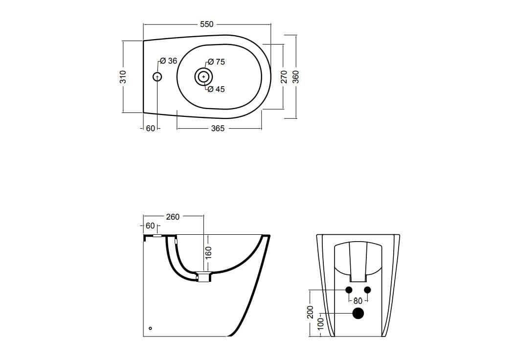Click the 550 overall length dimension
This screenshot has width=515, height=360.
click(207, 24)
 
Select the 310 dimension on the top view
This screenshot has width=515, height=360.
click(123, 76)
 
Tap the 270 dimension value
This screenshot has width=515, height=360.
click(284, 76)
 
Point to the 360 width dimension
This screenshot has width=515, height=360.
click(296, 76)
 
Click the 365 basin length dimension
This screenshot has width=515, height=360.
click(218, 129)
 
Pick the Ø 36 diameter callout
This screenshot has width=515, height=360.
click(169, 61)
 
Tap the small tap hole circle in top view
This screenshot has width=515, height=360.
click(157, 77)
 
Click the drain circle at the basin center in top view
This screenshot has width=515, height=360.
click(203, 77)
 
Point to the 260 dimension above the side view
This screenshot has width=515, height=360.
click(173, 217)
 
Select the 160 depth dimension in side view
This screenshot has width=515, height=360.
click(208, 252)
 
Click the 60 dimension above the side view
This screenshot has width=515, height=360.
click(150, 226)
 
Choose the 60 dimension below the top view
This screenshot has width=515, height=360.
click(150, 129)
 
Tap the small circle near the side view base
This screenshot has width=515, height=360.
click(150, 328)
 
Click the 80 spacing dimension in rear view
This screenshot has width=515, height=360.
click(358, 301)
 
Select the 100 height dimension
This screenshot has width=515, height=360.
click(320, 325)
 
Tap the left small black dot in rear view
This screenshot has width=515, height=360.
click(349, 290)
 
